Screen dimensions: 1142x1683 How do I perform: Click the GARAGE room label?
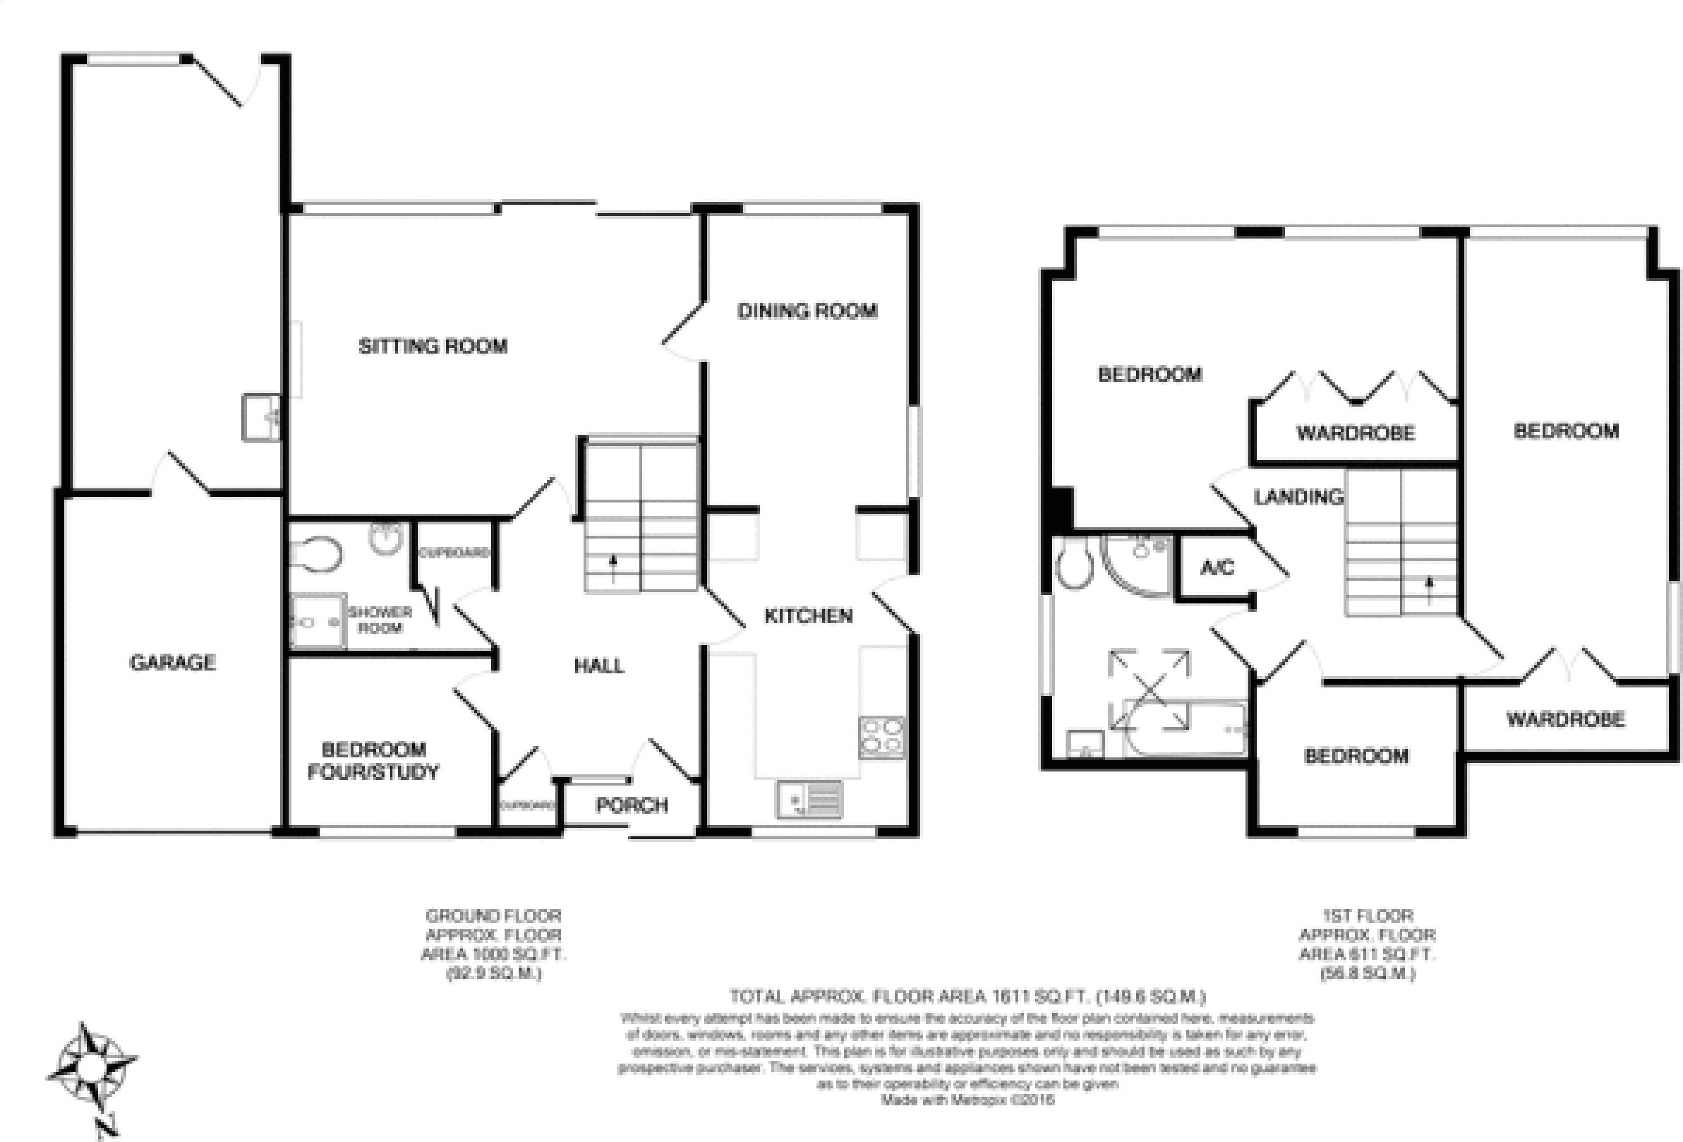coord(173,662)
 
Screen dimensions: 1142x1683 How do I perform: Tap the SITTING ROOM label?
coord(433,346)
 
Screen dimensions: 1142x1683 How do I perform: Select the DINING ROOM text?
coord(807,311)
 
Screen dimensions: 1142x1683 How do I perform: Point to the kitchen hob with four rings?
coord(881,737)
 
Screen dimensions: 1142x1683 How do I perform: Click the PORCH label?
coord(631,805)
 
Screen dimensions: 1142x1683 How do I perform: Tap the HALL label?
coord(598,665)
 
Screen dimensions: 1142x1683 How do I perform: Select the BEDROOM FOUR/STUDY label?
coord(373,760)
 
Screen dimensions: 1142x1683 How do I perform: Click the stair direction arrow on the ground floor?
coord(613,568)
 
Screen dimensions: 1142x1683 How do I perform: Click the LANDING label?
coord(1298,497)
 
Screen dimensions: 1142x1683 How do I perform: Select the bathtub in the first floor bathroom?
coord(1184,726)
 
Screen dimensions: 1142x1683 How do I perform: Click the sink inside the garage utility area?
coord(260,418)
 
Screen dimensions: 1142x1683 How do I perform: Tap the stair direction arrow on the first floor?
coord(1429,590)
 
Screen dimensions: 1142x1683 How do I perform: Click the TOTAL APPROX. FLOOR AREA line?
coord(967,997)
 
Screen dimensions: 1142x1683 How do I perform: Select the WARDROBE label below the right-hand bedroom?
coord(1566,719)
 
